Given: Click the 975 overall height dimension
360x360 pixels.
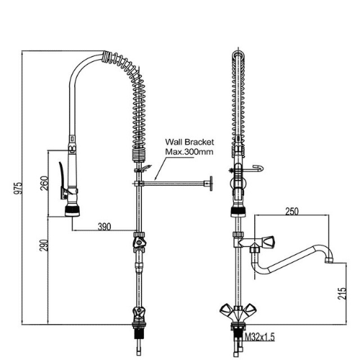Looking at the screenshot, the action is point(18,188).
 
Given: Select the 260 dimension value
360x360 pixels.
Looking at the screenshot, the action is point(45,184).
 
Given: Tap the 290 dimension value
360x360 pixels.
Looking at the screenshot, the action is point(44,245).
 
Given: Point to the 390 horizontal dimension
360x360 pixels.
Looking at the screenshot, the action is point(104,227).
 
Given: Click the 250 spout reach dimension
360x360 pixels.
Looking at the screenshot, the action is point(292,211).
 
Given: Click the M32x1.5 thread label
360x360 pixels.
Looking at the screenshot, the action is point(259,338).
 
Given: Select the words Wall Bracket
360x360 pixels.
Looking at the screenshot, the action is point(189,142).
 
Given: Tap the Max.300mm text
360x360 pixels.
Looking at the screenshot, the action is point(189,152).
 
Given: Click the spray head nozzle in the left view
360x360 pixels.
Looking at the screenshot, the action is point(73,211).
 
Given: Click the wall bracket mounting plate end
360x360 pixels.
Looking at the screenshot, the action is point(211,184).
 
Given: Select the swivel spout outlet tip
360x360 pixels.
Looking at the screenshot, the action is point(328,260).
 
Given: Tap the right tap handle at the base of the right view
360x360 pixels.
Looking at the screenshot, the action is point(249,309).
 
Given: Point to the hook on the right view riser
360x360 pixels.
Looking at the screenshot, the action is point(257,169).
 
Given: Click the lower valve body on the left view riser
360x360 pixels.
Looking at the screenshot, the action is point(139,315).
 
